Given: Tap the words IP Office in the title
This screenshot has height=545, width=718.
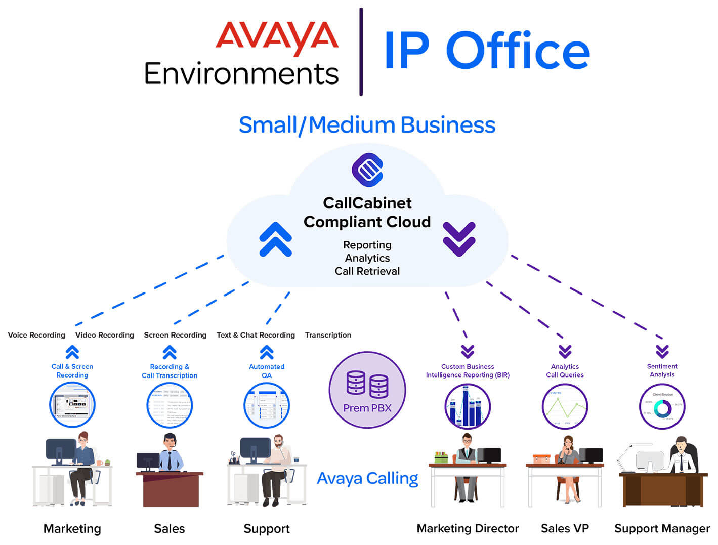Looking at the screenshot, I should coord(486,51).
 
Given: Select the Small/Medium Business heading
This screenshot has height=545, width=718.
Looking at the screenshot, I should coord(367,125).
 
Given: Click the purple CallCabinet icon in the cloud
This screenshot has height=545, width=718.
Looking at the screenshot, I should coord(367,170).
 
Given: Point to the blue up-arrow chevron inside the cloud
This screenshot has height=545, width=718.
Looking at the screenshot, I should coord(275,239).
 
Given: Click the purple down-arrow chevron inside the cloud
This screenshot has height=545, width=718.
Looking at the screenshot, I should coord(459,239).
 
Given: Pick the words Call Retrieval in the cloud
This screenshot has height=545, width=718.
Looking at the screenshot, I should coord(367,271).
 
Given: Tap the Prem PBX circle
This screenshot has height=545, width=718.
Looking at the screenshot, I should coord(367,390).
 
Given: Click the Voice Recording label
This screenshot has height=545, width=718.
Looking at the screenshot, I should coord(36,335).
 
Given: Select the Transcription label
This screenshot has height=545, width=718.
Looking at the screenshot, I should coord(328,335).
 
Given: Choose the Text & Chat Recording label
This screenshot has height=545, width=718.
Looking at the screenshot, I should coord(256,335).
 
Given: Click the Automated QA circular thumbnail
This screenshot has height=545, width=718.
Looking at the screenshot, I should coord(267,405).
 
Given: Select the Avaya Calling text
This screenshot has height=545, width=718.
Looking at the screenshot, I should coord(367,478).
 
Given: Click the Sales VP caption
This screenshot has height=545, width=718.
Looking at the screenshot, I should coord(565,528).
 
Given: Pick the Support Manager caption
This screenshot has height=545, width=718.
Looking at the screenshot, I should coord(662,528).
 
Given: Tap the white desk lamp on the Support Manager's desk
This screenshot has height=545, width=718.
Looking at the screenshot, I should coord(629,453).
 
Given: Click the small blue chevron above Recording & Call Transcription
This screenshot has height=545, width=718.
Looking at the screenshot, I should coord(170,352).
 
